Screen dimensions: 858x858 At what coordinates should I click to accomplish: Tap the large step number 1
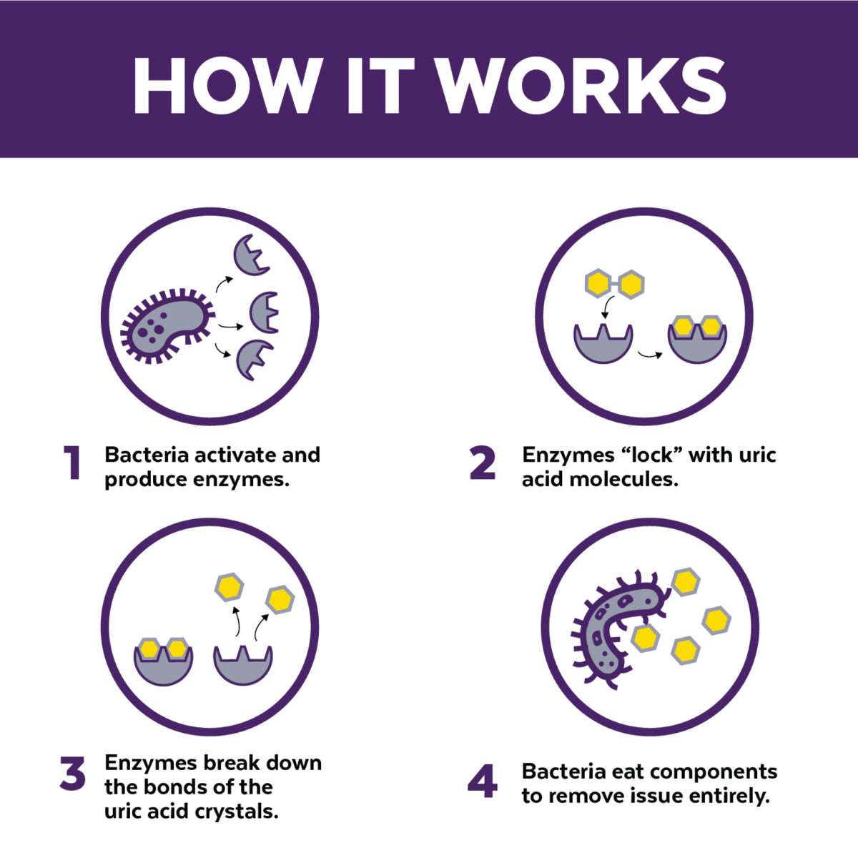(72, 463)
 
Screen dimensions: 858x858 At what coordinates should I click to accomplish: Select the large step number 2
(483, 463)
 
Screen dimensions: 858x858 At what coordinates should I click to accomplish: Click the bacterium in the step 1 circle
(167, 325)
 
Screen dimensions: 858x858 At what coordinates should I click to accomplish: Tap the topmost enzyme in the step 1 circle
(252, 255)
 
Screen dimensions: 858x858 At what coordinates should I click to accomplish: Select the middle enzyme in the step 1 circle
(264, 312)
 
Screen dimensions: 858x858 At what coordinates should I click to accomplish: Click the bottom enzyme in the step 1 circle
(255, 360)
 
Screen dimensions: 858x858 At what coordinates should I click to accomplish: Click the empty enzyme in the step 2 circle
(603, 343)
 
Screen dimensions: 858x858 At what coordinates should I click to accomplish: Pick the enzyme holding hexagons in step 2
(697, 340)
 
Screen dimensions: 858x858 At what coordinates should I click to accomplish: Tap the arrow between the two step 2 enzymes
(650, 355)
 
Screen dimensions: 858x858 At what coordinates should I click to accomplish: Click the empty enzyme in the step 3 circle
(242, 665)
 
